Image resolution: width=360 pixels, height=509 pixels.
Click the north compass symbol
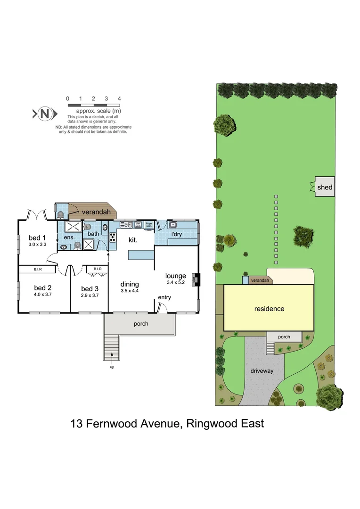click(x=45, y=114)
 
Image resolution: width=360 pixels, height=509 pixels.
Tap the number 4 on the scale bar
click(x=120, y=99)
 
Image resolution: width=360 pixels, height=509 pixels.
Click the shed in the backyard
click(x=325, y=187)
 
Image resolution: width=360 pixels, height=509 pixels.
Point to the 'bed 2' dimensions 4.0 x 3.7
click(x=42, y=295)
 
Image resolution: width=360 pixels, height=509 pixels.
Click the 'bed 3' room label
click(x=90, y=288)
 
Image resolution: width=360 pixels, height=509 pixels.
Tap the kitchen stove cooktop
click(x=113, y=237)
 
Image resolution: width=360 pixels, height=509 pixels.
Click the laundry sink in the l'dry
click(x=173, y=225)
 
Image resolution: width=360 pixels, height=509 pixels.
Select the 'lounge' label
click(x=175, y=276)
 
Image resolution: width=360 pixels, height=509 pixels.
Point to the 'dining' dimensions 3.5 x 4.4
click(x=130, y=291)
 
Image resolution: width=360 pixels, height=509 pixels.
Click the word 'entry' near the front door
click(x=164, y=297)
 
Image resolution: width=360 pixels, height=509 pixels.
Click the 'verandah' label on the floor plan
click(x=96, y=212)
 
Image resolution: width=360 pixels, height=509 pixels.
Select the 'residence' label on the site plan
click(x=269, y=309)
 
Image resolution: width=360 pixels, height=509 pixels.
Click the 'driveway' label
click(x=262, y=371)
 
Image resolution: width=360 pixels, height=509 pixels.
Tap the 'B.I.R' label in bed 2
click(x=39, y=269)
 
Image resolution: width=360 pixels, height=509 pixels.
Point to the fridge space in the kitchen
click(x=148, y=225)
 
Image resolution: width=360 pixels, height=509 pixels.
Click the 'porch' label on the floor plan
click(x=141, y=323)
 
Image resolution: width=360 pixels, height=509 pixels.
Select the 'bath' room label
click(x=93, y=233)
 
